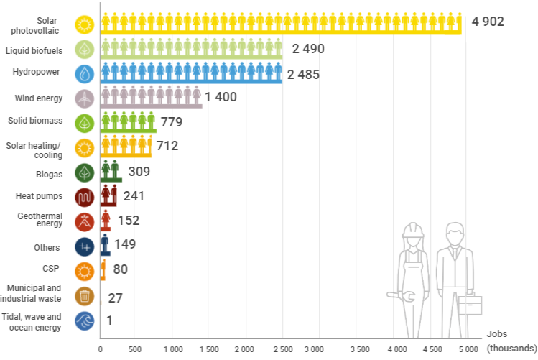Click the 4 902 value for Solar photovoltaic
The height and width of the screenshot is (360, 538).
pyautogui.click(x=488, y=22)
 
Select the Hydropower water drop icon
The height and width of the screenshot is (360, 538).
pyautogui.click(x=85, y=74)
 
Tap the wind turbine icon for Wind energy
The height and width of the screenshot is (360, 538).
pyautogui.click(x=85, y=99)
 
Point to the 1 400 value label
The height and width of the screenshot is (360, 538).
pyautogui.click(x=221, y=97)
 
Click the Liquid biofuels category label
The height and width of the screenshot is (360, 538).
pyautogui.click(x=34, y=51)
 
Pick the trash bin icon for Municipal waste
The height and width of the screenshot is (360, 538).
pyautogui.click(x=85, y=296)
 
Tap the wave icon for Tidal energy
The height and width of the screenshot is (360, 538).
pyautogui.click(x=85, y=321)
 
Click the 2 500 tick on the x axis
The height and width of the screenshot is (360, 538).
pyautogui.click(x=283, y=349)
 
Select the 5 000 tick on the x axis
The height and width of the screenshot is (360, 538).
pyautogui.click(x=468, y=349)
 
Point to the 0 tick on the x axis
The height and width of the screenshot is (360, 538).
pyautogui.click(x=100, y=349)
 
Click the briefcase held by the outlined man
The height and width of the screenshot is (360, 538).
pyautogui.click(x=470, y=304)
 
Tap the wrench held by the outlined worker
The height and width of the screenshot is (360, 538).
pyautogui.click(x=401, y=296)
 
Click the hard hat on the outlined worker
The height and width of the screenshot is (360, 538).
pyautogui.click(x=413, y=230)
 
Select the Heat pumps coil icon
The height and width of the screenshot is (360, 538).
pyautogui.click(x=85, y=198)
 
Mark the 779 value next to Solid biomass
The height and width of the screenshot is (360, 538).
pyautogui.click(x=172, y=122)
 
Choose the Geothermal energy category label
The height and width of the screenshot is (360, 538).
pyautogui.click(x=40, y=220)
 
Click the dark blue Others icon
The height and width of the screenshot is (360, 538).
pyautogui.click(x=85, y=246)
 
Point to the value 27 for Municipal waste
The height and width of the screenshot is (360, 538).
pyautogui.click(x=115, y=298)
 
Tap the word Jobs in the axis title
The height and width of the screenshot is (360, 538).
pyautogui.click(x=497, y=333)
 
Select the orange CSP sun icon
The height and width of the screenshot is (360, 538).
pyautogui.click(x=85, y=272)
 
